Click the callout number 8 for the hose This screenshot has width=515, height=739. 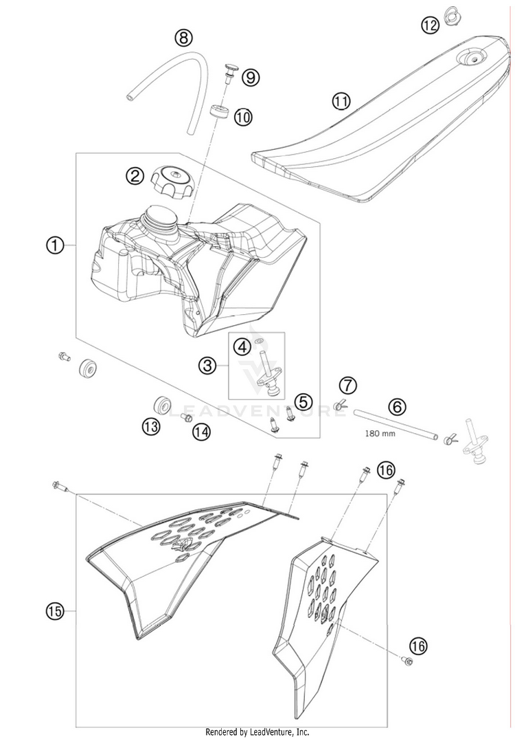(x=183, y=38)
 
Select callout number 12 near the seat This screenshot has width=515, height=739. (x=429, y=26)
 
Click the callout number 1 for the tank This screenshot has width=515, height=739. (x=55, y=244)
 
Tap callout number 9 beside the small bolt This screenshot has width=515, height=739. (x=251, y=77)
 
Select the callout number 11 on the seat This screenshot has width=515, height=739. (x=341, y=102)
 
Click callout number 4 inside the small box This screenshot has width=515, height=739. (x=242, y=348)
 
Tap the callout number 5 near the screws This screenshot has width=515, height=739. (x=304, y=401)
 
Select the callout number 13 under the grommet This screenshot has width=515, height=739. (x=151, y=427)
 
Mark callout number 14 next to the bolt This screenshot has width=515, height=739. (x=201, y=432)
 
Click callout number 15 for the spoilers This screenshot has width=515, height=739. (x=55, y=610)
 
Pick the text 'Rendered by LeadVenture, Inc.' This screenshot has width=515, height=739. (x=257, y=732)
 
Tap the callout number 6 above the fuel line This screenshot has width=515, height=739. (x=396, y=406)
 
